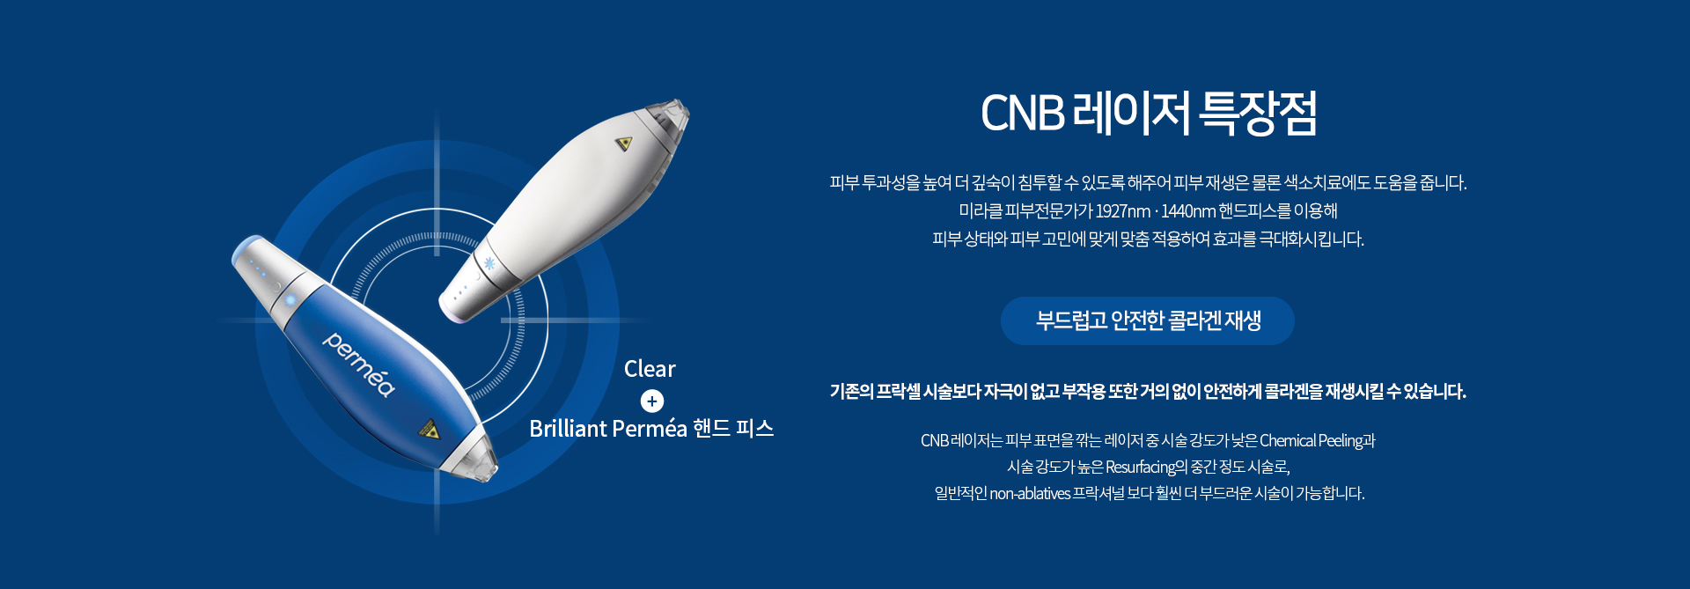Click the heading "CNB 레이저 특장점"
pos(1149,114)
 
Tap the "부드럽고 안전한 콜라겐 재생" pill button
pos(1148,320)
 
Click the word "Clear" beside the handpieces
pos(650,369)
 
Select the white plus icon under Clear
pos(652,401)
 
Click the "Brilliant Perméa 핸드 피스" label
pos(651,429)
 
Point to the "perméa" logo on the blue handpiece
pos(359,364)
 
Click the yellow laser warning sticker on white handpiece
pos(624,143)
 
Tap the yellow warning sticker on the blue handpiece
pos(429,430)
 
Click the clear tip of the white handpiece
pos(668,118)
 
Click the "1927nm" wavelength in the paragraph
pos(1123,211)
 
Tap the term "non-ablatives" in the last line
pos(1030,494)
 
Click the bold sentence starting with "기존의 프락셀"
pos(1148,392)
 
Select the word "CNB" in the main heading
pos(1023,114)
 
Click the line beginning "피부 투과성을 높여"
pos(1148,183)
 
